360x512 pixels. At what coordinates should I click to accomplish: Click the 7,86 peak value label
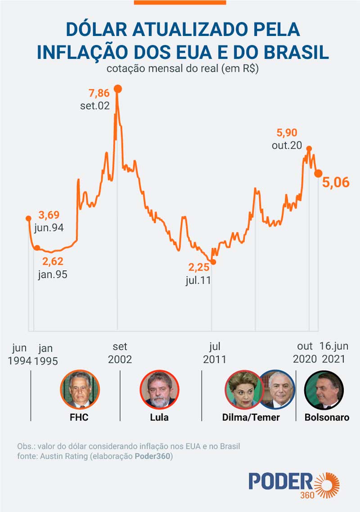[x=99, y=94]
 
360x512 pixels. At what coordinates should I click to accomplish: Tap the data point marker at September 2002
[x=118, y=89]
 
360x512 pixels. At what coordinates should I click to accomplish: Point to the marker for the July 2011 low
[x=213, y=262]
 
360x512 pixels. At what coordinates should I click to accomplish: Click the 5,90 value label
[x=287, y=133]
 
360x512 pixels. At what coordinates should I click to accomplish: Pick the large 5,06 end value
[x=335, y=182]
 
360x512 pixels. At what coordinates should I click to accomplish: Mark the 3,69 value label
[x=49, y=215]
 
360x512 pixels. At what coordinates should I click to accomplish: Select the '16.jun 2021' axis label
[x=333, y=353]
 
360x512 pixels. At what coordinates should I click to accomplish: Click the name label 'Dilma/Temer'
[x=251, y=417]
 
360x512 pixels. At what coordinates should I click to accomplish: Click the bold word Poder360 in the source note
[x=153, y=456]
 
